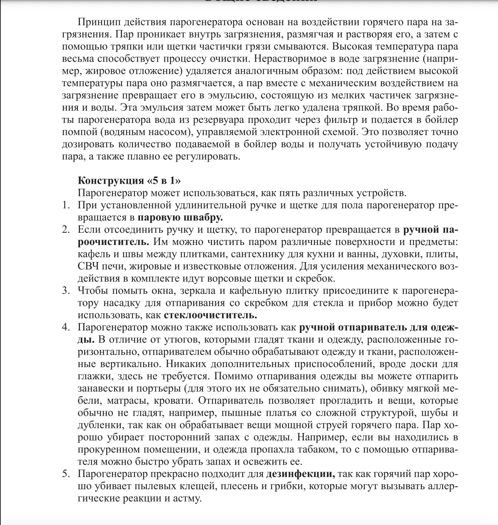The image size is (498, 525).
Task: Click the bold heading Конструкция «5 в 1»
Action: click(129, 181)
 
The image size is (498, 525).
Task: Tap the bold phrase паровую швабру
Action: click(180, 217)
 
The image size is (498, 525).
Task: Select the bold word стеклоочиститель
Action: click(211, 315)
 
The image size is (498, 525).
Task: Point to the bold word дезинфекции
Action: click(300, 474)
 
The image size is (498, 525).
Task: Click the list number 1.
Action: click(65, 205)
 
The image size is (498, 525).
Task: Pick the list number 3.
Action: click(65, 290)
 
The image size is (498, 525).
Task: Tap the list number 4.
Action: click(65, 327)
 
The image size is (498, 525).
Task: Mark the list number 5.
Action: click(65, 474)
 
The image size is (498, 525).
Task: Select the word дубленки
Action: click(98, 425)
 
